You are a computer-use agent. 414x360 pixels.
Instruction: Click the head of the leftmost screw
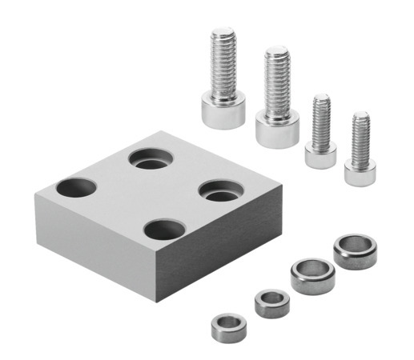(222, 110)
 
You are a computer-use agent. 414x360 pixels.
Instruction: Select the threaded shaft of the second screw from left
(276, 80)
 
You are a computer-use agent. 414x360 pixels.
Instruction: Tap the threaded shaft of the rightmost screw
(360, 136)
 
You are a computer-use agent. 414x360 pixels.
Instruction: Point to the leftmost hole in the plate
(77, 190)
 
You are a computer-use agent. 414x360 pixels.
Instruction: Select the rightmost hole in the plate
(220, 192)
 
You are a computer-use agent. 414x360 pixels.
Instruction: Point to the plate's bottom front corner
(156, 301)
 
